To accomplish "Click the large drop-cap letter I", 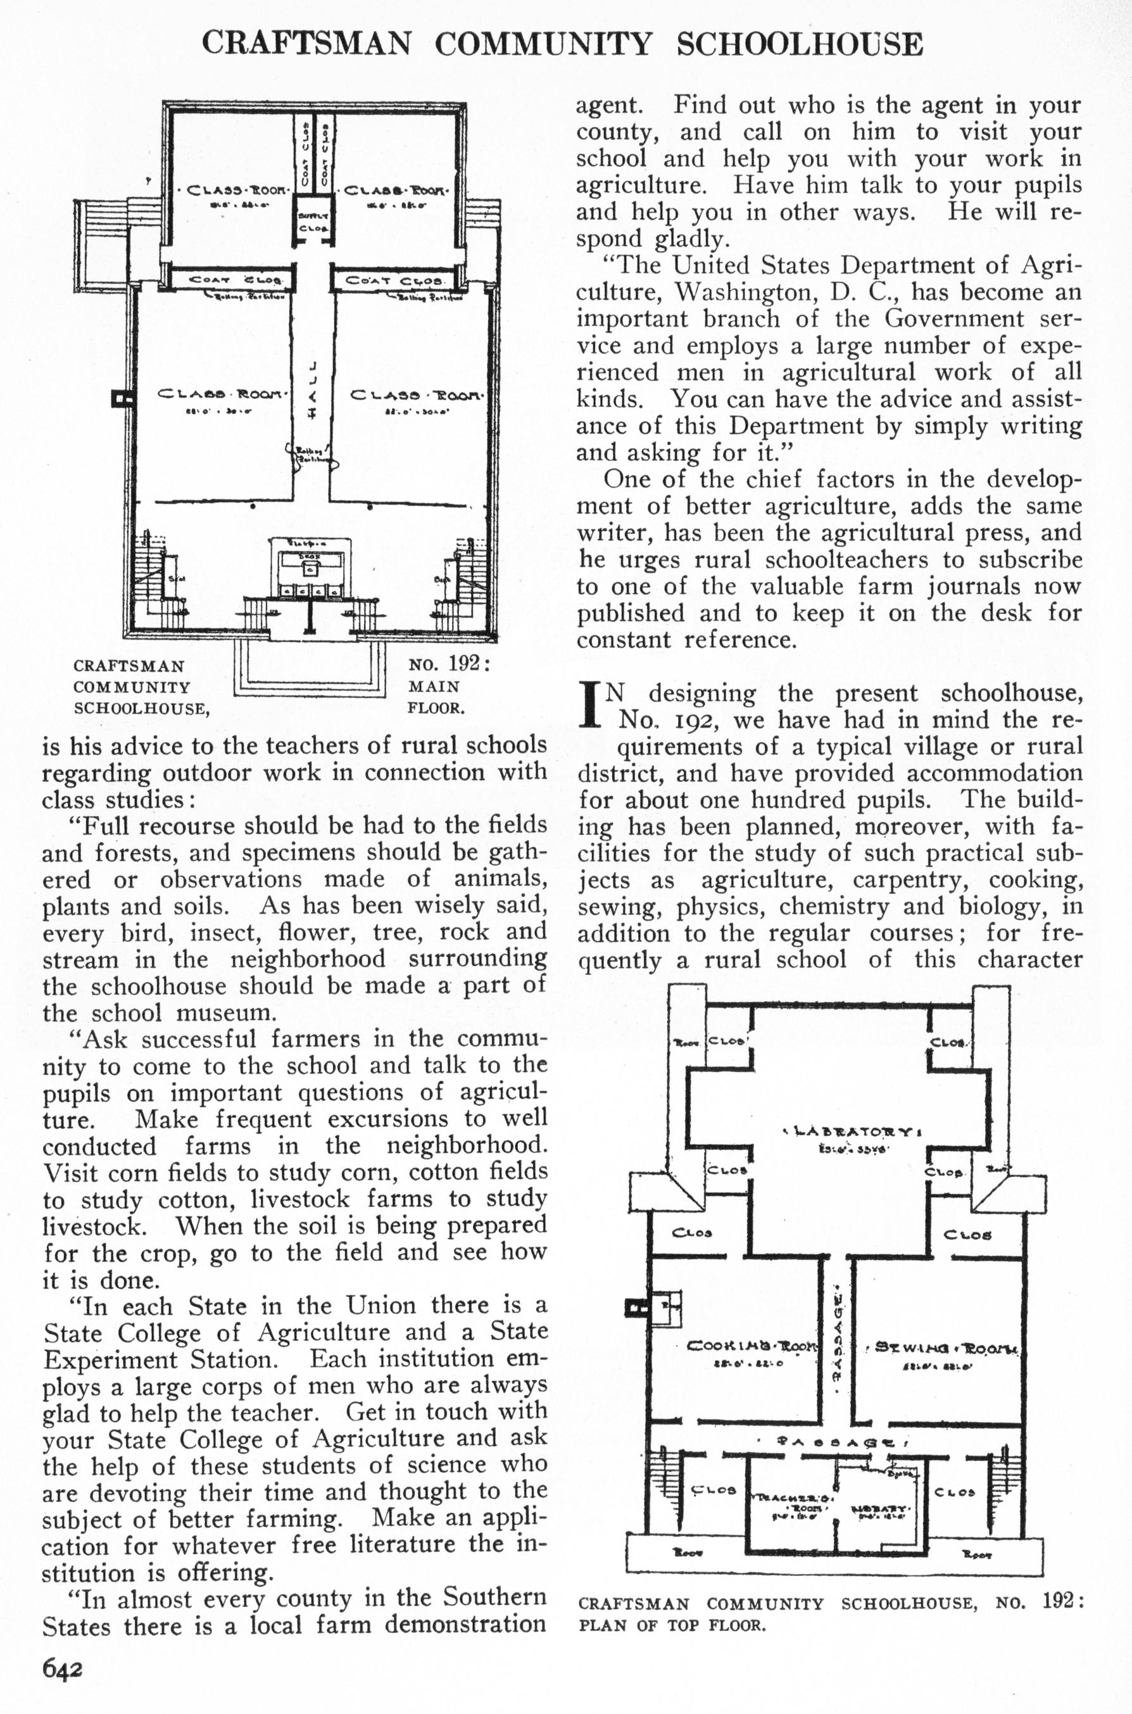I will click(x=591, y=705).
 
